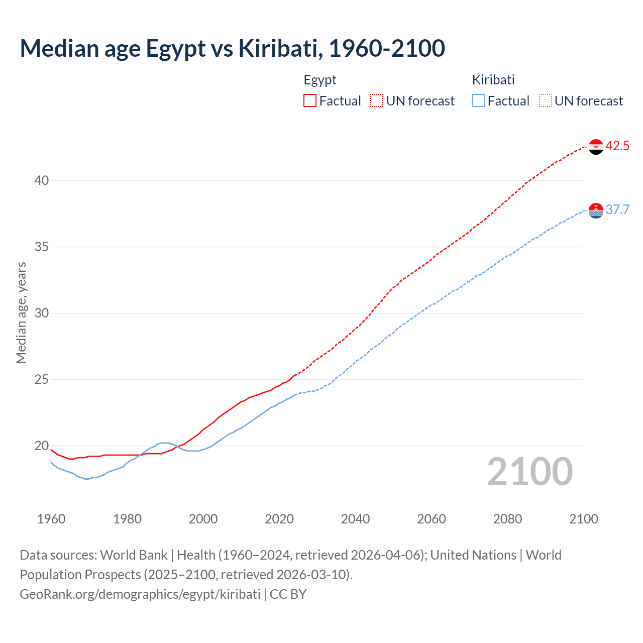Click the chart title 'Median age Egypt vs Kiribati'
coord(232,48)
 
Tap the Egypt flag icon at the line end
coord(596,147)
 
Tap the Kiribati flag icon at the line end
coord(596,210)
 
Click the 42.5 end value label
coord(617,146)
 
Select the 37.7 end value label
coord(617,210)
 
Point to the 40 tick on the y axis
coord(42,180)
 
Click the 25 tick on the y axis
coord(42,379)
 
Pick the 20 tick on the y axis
coord(42,446)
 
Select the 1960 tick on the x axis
coord(51,519)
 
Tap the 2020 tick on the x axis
coord(279,519)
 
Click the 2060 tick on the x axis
coord(432,519)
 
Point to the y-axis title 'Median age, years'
coord(21,312)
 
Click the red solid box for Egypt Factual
coord(310,101)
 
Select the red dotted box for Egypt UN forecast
coord(377,101)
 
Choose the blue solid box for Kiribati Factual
coord(479,101)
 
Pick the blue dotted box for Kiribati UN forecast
coord(545,101)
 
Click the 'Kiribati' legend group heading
coord(493,80)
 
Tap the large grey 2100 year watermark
coord(529,472)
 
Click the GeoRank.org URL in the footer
coord(140,594)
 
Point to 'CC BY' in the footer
coord(288,594)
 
